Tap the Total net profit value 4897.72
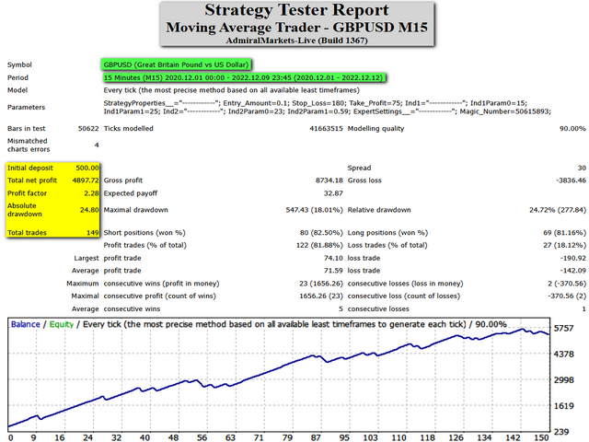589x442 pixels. pyautogui.click(x=83, y=181)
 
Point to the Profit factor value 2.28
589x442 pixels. pyautogui.click(x=89, y=194)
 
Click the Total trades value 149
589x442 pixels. pyautogui.click(x=90, y=233)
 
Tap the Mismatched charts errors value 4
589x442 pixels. pyautogui.click(x=97, y=145)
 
